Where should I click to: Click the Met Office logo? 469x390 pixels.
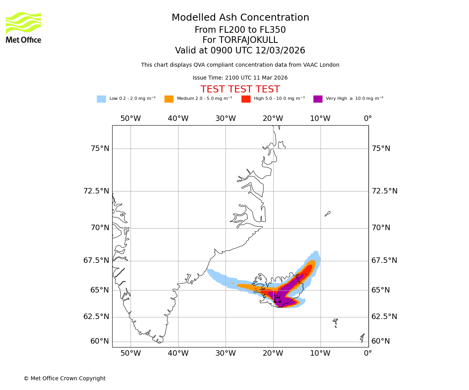click(x=23, y=27)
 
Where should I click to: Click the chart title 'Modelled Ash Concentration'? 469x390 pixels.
click(x=240, y=18)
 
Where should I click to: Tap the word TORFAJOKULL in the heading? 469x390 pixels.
click(x=248, y=40)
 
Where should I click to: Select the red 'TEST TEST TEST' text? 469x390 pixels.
click(x=240, y=89)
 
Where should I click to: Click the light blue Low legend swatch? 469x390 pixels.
click(x=101, y=99)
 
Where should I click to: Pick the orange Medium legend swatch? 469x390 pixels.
click(x=169, y=99)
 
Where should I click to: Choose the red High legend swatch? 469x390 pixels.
click(x=246, y=99)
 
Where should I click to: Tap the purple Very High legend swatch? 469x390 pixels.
click(x=318, y=99)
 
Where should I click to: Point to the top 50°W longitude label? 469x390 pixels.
click(x=131, y=119)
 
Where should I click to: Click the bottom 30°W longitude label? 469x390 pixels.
click(x=226, y=354)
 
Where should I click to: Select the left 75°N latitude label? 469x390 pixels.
click(x=100, y=149)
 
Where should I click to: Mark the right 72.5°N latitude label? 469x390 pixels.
click(x=384, y=191)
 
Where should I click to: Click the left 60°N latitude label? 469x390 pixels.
click(x=100, y=341)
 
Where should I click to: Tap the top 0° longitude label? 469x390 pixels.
click(x=368, y=119)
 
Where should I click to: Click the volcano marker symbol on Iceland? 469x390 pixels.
click(x=277, y=300)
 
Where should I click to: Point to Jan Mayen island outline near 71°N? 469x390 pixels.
click(x=328, y=214)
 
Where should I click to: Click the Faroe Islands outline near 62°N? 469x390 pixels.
click(x=335, y=323)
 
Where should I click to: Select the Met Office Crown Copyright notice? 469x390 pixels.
click(x=64, y=378)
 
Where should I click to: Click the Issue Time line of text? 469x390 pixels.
click(x=240, y=78)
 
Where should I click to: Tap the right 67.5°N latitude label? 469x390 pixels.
click(x=384, y=261)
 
